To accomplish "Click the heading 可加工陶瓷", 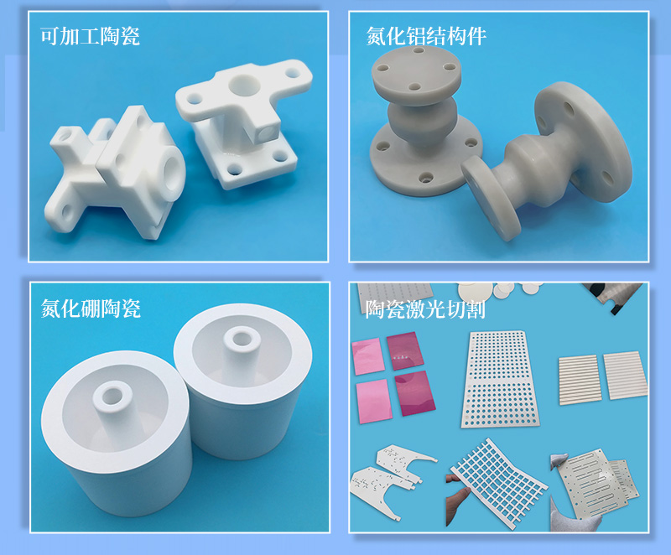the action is click(x=90, y=36).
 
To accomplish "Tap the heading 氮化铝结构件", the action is click(x=426, y=36).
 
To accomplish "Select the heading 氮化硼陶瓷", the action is click(x=91, y=308).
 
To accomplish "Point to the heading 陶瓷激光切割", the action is click(x=425, y=309).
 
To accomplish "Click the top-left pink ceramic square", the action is click(x=367, y=356).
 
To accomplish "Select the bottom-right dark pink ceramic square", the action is click(x=414, y=393).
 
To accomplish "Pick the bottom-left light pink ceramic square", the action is click(x=374, y=401).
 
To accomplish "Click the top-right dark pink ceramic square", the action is click(x=405, y=351).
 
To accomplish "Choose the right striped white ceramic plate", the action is click(x=625, y=376).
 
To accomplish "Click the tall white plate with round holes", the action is click(x=499, y=379).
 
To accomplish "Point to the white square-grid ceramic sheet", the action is click(x=499, y=482).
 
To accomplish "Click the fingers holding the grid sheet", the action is click(x=457, y=499).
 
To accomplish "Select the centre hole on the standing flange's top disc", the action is click(x=414, y=87).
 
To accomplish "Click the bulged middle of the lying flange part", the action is click(x=538, y=171).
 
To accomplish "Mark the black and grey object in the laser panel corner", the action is click(x=613, y=298).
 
